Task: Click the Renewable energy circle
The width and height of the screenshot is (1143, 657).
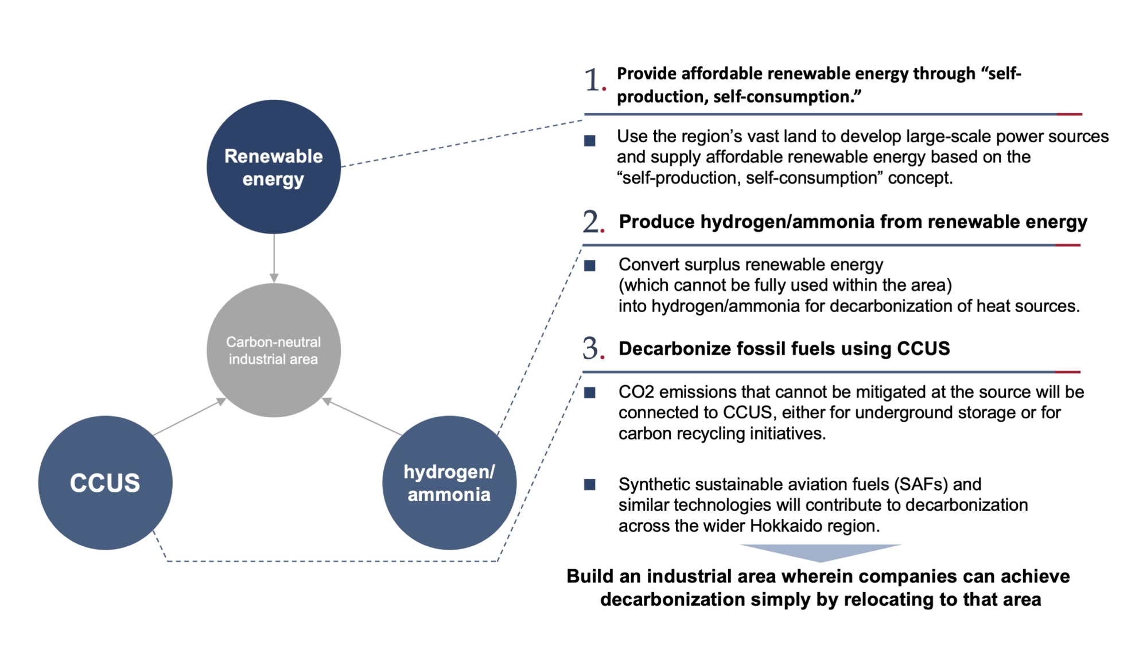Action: coord(274,167)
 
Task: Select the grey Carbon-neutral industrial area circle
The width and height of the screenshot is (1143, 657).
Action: coord(274,350)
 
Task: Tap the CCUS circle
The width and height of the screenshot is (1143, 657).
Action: coord(106,483)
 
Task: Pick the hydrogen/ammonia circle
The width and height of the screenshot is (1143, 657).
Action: coord(449,483)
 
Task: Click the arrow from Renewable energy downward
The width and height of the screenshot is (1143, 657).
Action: coord(274,258)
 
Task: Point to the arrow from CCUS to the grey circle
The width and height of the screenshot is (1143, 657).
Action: coord(190,417)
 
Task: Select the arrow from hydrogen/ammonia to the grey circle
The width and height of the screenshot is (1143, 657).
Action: coord(362,417)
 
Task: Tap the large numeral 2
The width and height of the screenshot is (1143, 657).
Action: coord(593,221)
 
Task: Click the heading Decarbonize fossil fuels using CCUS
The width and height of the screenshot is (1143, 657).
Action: coord(784,348)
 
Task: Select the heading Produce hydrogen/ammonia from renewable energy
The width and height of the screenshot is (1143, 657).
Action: coord(853,222)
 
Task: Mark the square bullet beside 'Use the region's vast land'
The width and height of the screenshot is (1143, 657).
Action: coord(590,141)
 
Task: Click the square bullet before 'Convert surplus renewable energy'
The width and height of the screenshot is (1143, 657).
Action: coord(590,266)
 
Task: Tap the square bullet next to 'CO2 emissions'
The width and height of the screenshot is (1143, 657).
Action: coord(590,392)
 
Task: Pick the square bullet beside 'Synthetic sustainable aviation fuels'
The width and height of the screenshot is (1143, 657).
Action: coord(590,485)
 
